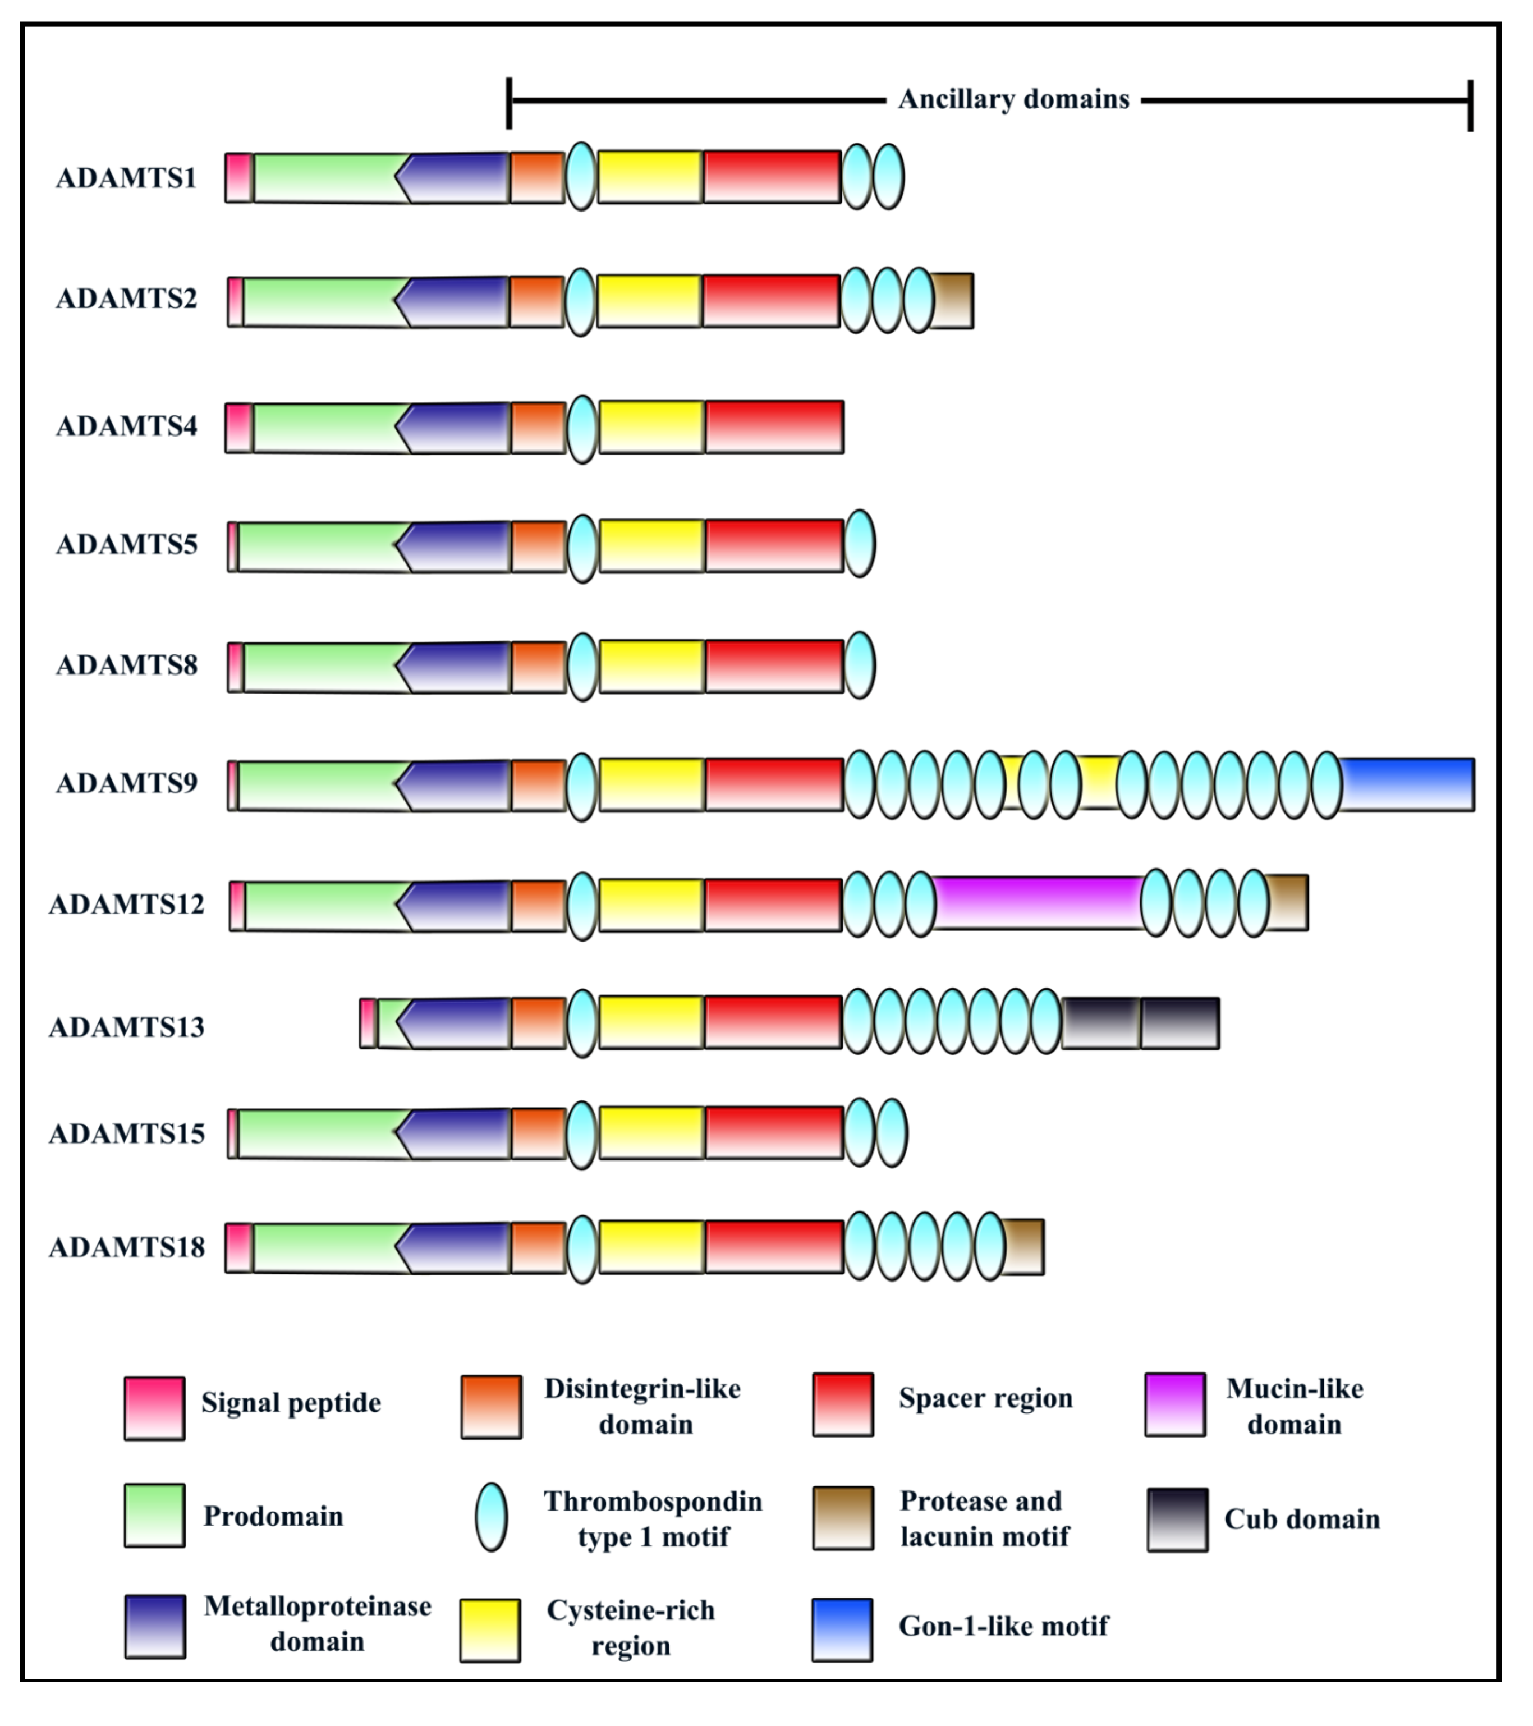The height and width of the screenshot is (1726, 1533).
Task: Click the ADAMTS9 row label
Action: pyautogui.click(x=127, y=784)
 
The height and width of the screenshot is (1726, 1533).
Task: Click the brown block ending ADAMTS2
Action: pyautogui.click(x=953, y=301)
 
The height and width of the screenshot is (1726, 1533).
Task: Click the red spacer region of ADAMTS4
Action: pyautogui.click(x=774, y=427)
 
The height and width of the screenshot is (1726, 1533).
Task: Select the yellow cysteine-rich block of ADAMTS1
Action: pyautogui.click(x=650, y=177)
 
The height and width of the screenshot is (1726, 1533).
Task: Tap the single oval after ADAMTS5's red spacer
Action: pyautogui.click(x=860, y=544)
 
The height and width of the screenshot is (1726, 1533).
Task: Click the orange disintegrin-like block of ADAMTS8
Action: pyautogui.click(x=538, y=667)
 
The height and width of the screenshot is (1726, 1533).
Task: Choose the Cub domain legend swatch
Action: pyautogui.click(x=1177, y=1520)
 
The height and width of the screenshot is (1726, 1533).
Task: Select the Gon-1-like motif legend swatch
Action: pyautogui.click(x=842, y=1629)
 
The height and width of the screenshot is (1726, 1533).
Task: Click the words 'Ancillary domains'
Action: pyautogui.click(x=1013, y=100)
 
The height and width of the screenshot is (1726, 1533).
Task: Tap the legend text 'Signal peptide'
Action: pyautogui.click(x=291, y=1403)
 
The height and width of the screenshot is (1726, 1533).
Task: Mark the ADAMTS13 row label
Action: pyautogui.click(x=127, y=1027)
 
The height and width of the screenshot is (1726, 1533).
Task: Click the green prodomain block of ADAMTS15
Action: pyautogui.click(x=316, y=1133)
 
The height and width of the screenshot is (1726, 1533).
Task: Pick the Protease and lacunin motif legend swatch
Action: pyautogui.click(x=843, y=1518)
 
